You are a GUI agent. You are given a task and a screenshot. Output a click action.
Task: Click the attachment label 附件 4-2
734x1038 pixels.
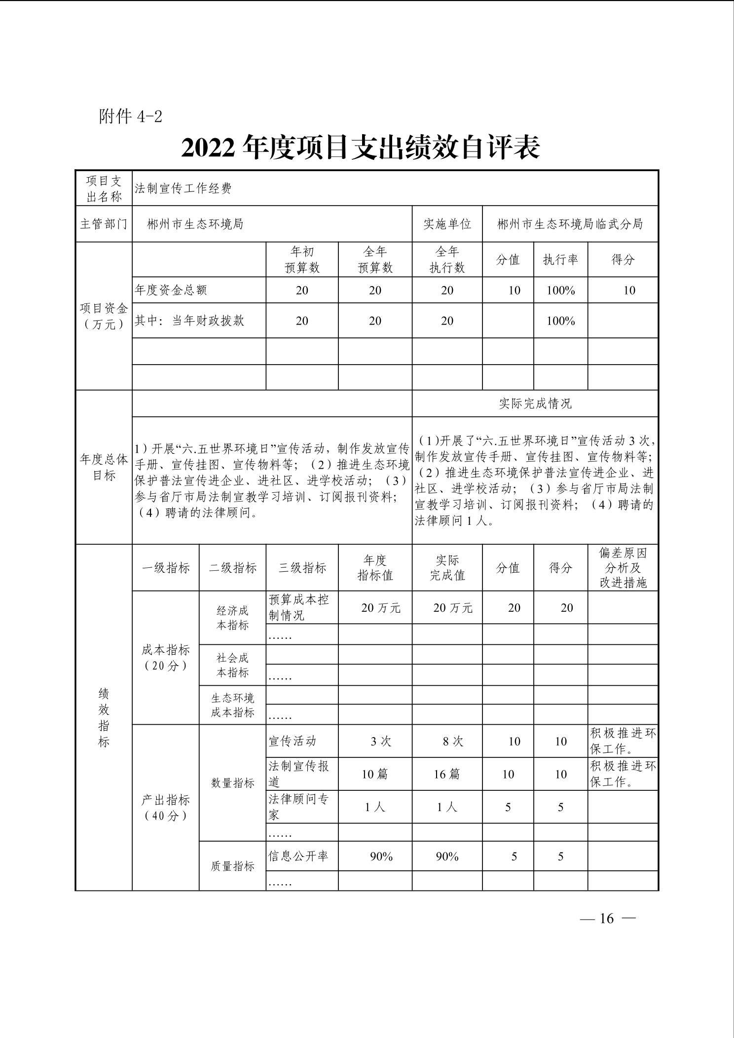130,116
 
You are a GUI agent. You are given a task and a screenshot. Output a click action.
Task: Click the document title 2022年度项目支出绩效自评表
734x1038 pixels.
361,148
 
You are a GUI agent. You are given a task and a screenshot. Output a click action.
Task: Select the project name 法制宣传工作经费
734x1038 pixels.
183,188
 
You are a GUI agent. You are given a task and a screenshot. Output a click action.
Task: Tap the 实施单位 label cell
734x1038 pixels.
447,224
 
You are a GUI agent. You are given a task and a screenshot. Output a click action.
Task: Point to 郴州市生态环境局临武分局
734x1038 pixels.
570,224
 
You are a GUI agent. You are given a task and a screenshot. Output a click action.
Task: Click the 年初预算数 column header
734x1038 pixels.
302,259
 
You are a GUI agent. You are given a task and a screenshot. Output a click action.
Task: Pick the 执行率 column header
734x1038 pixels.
560,259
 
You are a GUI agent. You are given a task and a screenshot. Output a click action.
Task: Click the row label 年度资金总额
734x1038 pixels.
171,290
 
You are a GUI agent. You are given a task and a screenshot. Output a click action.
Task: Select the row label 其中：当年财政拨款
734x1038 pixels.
189,321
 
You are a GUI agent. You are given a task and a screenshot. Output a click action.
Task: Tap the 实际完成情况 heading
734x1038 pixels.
535,404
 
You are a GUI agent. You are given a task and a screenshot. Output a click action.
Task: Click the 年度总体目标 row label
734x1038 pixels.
104,467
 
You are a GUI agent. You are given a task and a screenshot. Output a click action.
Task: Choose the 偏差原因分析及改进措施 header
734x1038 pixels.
623,567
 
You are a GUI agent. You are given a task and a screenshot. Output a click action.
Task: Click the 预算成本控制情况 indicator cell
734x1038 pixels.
299,607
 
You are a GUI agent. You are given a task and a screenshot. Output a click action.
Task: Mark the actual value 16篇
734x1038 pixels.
447,774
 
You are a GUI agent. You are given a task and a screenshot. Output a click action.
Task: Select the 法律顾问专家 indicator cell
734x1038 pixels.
299,807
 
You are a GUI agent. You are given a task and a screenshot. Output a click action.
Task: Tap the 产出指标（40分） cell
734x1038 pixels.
166,807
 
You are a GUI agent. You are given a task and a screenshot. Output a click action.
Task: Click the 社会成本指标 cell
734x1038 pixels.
233,665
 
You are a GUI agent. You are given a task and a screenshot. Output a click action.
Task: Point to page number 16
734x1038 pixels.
607,918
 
